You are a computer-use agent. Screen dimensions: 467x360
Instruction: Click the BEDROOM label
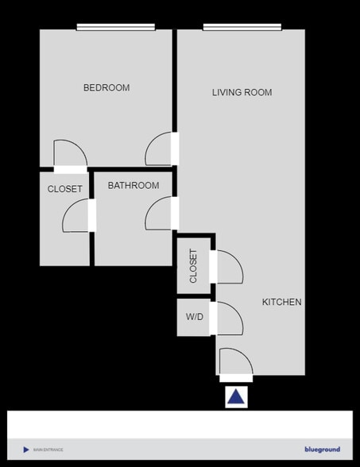pyautogui.click(x=106, y=87)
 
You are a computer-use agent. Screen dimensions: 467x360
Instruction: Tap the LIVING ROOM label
pyautogui.click(x=242, y=92)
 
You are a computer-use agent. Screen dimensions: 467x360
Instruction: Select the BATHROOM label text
pyautogui.click(x=134, y=186)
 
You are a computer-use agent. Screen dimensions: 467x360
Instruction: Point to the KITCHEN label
pyautogui.click(x=282, y=302)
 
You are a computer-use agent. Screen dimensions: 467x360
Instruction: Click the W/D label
pyautogui.click(x=195, y=318)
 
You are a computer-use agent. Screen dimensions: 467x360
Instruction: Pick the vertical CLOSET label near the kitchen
pyautogui.click(x=194, y=266)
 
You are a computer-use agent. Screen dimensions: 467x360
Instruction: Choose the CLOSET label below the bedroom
pyautogui.click(x=65, y=189)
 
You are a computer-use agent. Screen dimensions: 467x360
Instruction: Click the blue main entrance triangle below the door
pyautogui.click(x=236, y=397)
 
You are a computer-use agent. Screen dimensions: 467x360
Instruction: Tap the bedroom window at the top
pyautogui.click(x=116, y=28)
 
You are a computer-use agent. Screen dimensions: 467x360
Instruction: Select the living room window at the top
pyautogui.click(x=242, y=28)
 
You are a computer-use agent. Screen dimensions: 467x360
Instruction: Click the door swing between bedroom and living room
pyautogui.click(x=160, y=149)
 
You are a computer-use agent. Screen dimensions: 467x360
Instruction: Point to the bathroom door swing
pyautogui.click(x=160, y=214)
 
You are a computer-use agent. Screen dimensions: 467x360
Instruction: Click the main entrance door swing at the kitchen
pyautogui.click(x=235, y=362)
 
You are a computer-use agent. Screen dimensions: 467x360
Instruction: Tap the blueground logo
pyautogui.click(x=322, y=450)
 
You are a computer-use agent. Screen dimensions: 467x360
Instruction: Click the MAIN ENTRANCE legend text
pyautogui.click(x=48, y=450)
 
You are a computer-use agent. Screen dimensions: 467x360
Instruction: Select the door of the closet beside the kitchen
pyautogui.click(x=227, y=267)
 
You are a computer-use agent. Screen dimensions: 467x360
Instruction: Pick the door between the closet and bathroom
pyautogui.click(x=77, y=215)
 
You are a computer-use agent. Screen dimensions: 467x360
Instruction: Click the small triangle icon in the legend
pyautogui.click(x=26, y=450)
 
